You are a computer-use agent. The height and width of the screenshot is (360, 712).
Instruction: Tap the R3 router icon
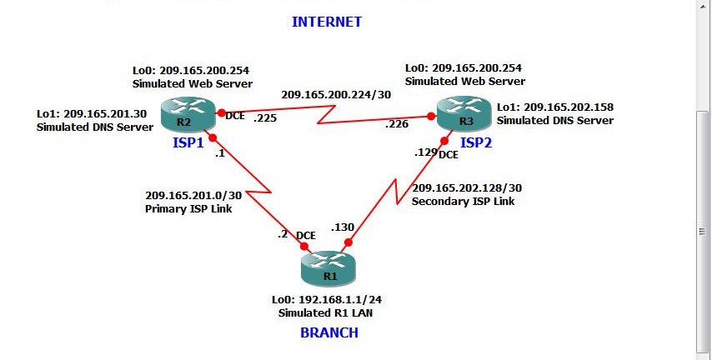[x=464, y=113]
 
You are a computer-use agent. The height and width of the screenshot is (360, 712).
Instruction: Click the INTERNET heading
[x=327, y=22]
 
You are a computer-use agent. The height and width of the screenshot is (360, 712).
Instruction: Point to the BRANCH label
[x=329, y=332]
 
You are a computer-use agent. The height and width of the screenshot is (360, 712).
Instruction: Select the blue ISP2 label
[x=476, y=142]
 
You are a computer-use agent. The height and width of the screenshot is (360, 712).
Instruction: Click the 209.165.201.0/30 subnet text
[x=193, y=196]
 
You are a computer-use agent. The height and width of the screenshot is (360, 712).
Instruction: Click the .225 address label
[x=264, y=117]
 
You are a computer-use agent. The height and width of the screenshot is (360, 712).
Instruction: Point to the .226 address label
[x=397, y=124]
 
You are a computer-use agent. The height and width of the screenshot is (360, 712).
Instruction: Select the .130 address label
[x=343, y=227]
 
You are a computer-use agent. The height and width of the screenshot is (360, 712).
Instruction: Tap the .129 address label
[x=426, y=152]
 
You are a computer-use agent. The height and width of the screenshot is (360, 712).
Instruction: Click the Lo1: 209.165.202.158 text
[x=555, y=107]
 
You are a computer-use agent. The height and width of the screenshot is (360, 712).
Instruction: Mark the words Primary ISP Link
[x=188, y=209]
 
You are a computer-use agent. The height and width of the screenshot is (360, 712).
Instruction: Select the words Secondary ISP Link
[x=464, y=201]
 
